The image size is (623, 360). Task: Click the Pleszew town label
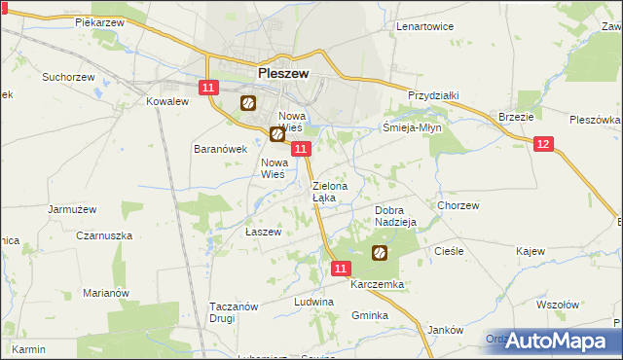[284, 72]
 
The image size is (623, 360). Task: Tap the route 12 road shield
[543, 144]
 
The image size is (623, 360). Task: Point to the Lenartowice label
[424, 26]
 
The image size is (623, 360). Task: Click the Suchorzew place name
[67, 75]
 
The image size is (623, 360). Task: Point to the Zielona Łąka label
[324, 192]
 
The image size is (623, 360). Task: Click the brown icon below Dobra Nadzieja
[380, 254]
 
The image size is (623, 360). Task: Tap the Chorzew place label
[458, 206]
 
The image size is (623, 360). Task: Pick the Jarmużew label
[72, 208]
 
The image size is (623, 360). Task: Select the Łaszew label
[263, 233]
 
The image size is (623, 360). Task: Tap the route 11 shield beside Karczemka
[340, 268]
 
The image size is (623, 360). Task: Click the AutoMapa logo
[559, 341]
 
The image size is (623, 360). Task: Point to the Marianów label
[106, 293]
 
